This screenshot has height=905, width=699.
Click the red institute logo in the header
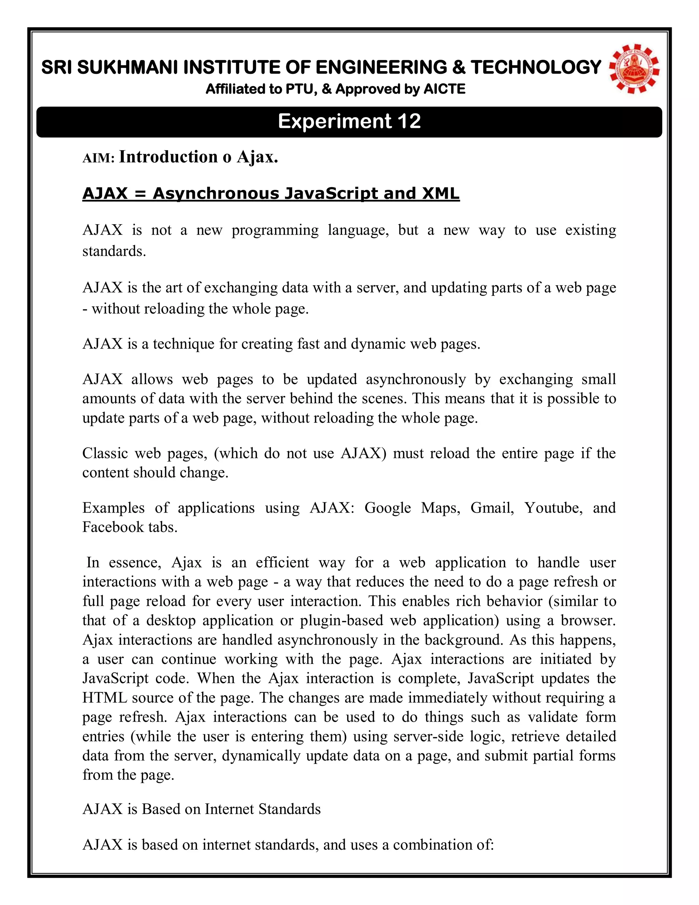[x=634, y=69]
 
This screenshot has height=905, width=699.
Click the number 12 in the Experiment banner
[x=409, y=122]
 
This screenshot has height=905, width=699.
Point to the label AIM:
[x=98, y=158]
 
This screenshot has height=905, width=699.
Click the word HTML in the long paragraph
[x=105, y=698]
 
